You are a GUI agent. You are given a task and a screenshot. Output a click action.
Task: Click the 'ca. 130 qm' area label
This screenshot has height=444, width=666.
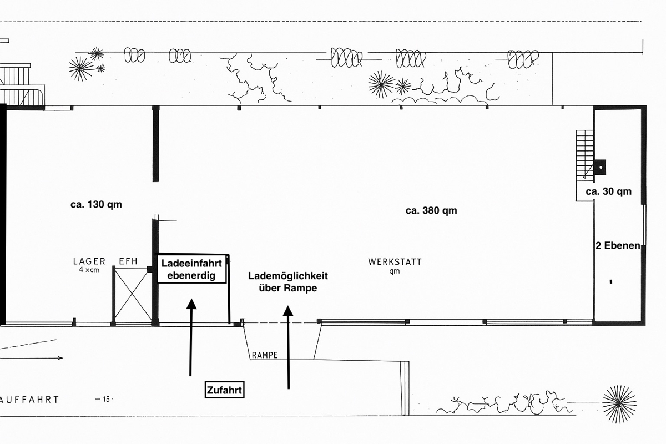[96, 204]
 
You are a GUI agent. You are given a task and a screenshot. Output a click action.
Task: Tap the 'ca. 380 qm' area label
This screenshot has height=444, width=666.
[431, 210]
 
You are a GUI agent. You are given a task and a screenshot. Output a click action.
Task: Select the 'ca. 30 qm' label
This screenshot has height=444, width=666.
[609, 191]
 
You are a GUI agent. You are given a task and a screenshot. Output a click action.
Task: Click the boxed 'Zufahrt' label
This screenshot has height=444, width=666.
[225, 390]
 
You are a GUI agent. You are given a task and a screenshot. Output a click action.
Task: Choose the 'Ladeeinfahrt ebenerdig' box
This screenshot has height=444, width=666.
[191, 269]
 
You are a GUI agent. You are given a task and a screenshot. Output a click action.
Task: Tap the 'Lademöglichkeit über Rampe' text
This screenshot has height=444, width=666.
[288, 282]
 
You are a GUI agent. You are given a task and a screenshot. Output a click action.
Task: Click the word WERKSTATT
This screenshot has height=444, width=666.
[395, 261]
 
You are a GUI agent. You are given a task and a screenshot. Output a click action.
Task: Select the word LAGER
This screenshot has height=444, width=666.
[89, 261]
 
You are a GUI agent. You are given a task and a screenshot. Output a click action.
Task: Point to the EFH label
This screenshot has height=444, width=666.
[128, 261]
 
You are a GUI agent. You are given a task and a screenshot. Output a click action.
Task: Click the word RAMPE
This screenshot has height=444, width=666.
[265, 355]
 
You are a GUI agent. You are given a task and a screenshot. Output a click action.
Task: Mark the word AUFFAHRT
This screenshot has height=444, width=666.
[31, 399]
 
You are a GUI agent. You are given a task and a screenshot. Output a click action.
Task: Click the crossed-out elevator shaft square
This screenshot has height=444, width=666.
[133, 295]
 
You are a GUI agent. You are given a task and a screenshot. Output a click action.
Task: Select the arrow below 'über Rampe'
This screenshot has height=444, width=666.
[288, 347]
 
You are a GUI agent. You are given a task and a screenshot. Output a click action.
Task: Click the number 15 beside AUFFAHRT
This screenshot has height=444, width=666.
[104, 398]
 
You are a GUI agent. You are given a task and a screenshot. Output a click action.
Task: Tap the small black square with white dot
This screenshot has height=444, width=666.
[600, 165]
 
